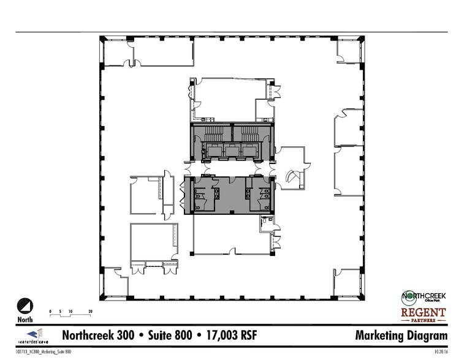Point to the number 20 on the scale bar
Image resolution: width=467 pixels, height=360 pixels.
[x=90, y=312]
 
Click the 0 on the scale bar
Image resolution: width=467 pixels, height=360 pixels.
[x=51, y=312]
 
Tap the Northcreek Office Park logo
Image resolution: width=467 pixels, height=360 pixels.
[x=423, y=296]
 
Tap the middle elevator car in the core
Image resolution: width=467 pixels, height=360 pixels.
[x=232, y=150]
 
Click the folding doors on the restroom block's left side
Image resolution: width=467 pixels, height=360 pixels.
[x=182, y=196]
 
